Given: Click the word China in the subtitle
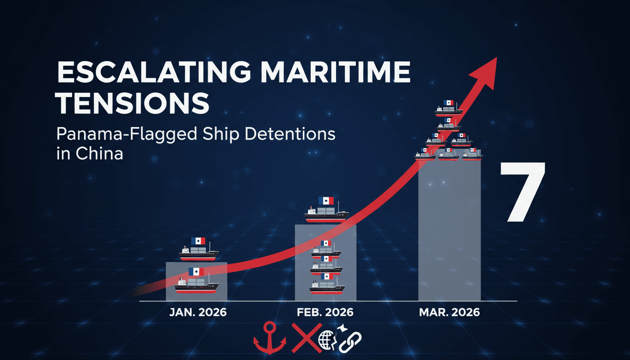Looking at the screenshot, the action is pos(99,154).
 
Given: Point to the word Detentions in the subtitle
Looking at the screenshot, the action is pos(290,134).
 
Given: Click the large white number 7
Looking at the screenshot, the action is pos(522,192).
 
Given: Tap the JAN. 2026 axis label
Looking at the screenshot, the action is pos(198,313).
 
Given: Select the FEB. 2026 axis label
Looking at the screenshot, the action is pos(325,313).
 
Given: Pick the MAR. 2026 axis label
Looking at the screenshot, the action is pos(450,313).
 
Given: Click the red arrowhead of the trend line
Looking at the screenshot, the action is pos(486,74).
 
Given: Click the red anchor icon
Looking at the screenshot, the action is pos(270,338).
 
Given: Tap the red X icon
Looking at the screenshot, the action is pos(307,337).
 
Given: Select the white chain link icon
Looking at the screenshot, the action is pos(350,342).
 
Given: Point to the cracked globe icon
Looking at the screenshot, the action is pos(326,340).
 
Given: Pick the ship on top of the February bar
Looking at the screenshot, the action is pos(326,210).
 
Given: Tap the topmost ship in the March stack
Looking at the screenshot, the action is pos(449,108).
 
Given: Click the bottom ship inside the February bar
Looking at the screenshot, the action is pos(327,284).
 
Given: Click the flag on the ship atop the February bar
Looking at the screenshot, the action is pos(326,201).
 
